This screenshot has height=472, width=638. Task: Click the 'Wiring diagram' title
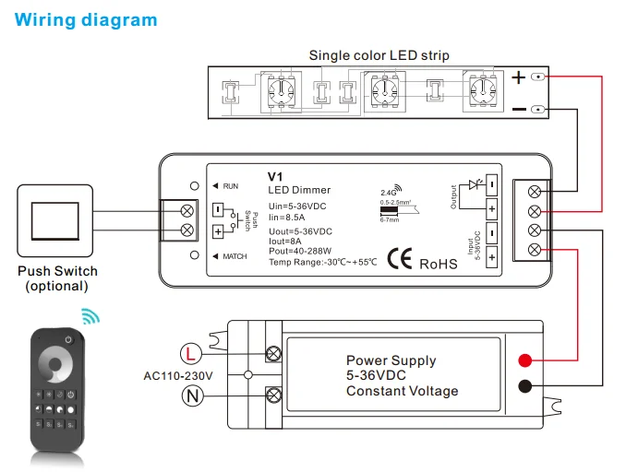pos(86,19)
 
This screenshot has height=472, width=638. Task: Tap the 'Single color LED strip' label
pos(379,55)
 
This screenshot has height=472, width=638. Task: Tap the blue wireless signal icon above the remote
pos(90,317)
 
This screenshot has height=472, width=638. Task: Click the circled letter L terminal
pos(189,353)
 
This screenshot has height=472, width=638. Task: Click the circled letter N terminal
pos(189,396)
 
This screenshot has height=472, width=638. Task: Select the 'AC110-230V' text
pos(178,376)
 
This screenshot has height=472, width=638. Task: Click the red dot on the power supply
pos(524,359)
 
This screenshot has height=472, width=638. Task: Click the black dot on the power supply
pos(524,387)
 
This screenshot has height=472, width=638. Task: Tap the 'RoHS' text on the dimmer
pos(439,264)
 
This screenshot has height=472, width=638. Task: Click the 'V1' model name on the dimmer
pos(273,176)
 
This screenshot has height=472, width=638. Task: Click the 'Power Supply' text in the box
pos(391,360)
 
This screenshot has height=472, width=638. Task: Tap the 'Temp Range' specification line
pos(322,263)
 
